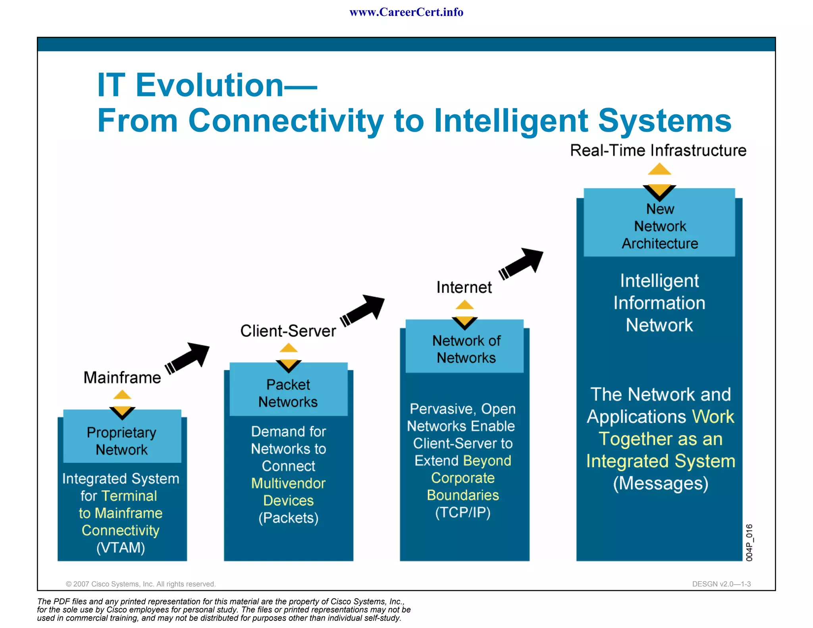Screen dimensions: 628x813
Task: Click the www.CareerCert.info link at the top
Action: point(406,12)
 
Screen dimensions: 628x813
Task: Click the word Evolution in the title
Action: point(209,85)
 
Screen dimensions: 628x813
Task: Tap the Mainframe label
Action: point(122,378)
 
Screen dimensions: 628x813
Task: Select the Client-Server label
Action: point(288,331)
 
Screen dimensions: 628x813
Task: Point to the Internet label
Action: point(464,287)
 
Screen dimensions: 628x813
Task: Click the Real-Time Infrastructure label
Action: point(658,151)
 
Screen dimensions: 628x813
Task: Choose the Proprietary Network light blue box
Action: point(122,441)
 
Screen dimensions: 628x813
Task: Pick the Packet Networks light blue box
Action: point(288,393)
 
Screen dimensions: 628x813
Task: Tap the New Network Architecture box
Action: point(660,226)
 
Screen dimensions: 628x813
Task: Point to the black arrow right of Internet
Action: point(522,264)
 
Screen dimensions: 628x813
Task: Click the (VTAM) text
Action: point(121,548)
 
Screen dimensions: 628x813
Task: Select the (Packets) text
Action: point(289,518)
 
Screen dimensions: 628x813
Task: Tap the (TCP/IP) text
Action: point(463,512)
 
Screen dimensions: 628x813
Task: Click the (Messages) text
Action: point(661,484)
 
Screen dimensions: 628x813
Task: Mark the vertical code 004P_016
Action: point(749,543)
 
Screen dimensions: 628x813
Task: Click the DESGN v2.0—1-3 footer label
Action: point(721,584)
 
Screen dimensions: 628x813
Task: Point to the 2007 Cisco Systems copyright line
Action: point(141,584)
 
